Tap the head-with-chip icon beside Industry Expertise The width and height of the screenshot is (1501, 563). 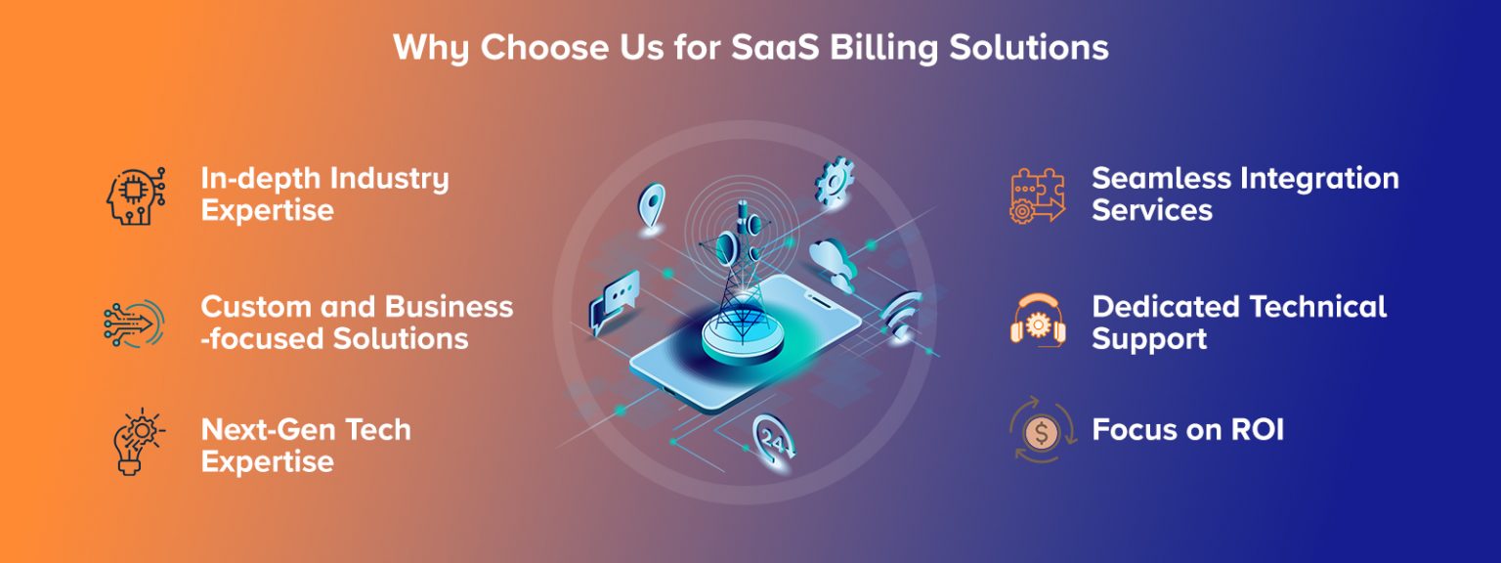[136, 195]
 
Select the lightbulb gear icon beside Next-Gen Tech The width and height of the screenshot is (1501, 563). [138, 441]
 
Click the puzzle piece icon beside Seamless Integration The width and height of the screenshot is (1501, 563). [1037, 195]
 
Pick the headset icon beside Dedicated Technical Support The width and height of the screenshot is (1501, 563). [1037, 321]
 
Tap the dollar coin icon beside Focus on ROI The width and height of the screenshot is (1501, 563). [1042, 430]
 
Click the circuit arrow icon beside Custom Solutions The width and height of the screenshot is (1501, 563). [134, 324]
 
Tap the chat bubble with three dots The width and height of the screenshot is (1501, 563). [614, 302]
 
